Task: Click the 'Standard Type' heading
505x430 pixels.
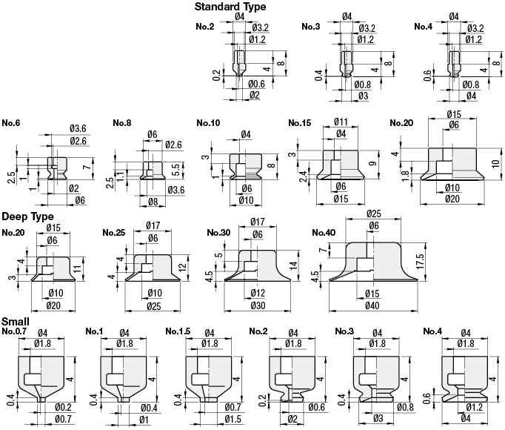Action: pyautogui.click(x=230, y=7)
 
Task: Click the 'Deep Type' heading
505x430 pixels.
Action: pyautogui.click(x=27, y=216)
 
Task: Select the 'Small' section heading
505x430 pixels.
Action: pyautogui.click(x=15, y=322)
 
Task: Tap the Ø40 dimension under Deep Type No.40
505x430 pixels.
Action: pyautogui.click(x=372, y=305)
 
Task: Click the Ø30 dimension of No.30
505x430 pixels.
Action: pyautogui.click(x=258, y=305)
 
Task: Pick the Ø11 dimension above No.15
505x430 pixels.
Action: pyautogui.click(x=341, y=122)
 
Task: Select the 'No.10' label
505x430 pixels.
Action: pyautogui.click(x=208, y=123)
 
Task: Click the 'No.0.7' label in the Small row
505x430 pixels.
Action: pyautogui.click(x=14, y=331)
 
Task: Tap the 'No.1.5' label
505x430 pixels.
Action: pyautogui.click(x=178, y=331)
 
